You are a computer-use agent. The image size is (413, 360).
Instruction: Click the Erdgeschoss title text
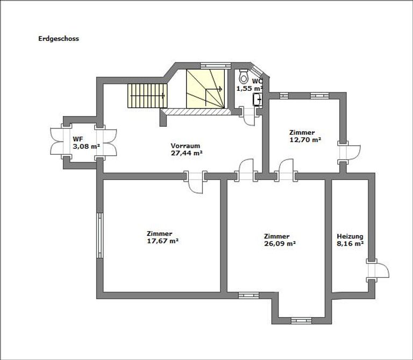click(59, 39)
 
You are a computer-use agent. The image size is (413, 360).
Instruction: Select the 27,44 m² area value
click(186, 153)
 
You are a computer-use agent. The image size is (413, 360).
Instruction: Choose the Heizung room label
click(350, 236)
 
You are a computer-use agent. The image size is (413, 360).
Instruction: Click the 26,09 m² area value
click(280, 243)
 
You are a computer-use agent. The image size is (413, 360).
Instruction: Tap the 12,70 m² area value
click(305, 139)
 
